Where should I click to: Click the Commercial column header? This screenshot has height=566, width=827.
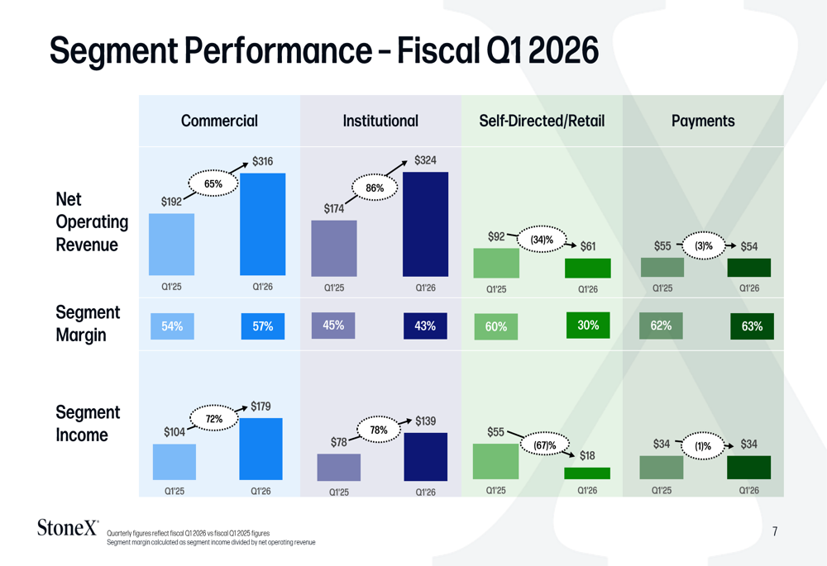pyautogui.click(x=219, y=121)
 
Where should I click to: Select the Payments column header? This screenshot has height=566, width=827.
pyautogui.click(x=703, y=121)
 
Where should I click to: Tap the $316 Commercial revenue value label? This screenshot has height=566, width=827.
pyautogui.click(x=263, y=161)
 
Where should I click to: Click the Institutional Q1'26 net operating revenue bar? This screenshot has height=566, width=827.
pyautogui.click(x=425, y=224)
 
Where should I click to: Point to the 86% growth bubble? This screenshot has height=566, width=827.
pyautogui.click(x=375, y=188)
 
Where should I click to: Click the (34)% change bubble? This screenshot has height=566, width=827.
pyautogui.click(x=542, y=240)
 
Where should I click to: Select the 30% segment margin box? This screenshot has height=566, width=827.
pyautogui.click(x=588, y=326)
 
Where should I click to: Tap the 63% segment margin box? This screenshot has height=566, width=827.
pyautogui.click(x=752, y=326)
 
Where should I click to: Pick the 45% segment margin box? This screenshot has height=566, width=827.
pyautogui.click(x=333, y=326)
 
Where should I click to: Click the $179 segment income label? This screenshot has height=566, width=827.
pyautogui.click(x=261, y=407)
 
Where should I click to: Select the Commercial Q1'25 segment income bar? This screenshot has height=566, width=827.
pyautogui.click(x=174, y=462)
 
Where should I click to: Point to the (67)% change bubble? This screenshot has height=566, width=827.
pyautogui.click(x=545, y=445)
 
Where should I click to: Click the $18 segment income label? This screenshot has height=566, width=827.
pyautogui.click(x=587, y=455)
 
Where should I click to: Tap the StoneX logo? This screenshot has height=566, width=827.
pyautogui.click(x=68, y=527)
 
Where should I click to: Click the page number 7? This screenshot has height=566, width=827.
pyautogui.click(x=775, y=531)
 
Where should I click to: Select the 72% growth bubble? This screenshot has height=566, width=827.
pyautogui.click(x=213, y=418)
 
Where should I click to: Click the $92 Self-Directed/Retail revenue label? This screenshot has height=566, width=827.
pyautogui.click(x=496, y=236)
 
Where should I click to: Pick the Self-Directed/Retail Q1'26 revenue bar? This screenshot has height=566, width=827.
pyautogui.click(x=587, y=269)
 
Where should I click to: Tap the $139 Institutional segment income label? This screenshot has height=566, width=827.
pyautogui.click(x=425, y=421)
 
